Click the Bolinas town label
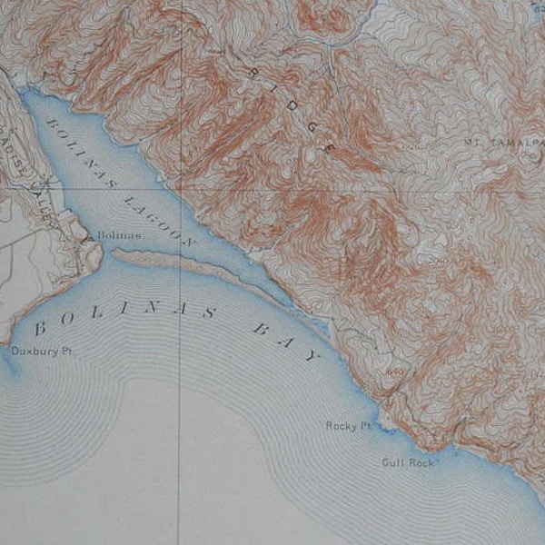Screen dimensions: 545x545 120,235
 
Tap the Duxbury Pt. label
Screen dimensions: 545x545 35,352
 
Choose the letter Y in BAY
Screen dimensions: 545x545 314,356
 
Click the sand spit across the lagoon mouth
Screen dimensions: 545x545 182,263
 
